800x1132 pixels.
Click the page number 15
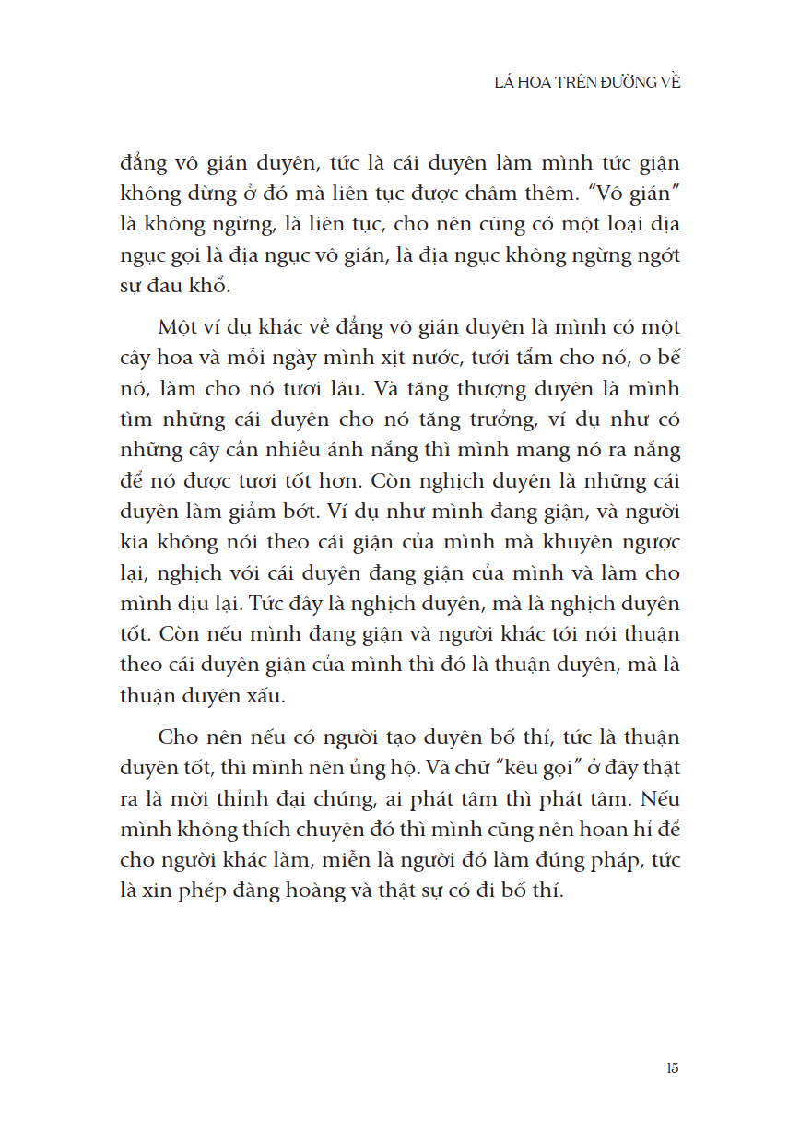(672, 1068)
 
